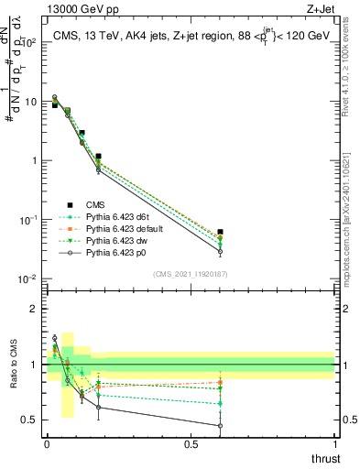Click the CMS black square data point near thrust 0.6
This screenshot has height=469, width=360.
[x=220, y=233]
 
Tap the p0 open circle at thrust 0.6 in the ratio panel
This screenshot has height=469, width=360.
[x=220, y=425]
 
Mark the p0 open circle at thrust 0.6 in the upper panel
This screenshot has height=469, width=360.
[x=220, y=252]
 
